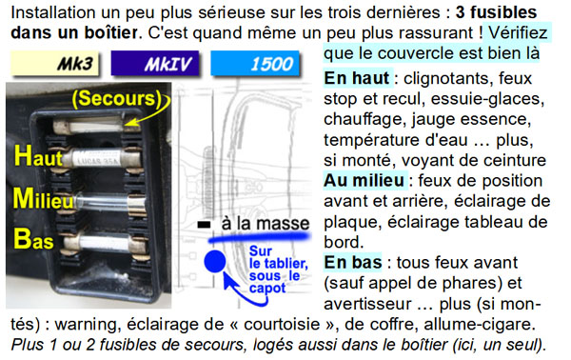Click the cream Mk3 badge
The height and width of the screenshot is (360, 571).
tap(55, 64)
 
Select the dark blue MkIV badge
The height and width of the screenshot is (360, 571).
tap(155, 64)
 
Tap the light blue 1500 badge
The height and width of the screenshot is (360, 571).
tap(255, 64)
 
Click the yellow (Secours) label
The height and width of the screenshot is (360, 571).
tap(117, 98)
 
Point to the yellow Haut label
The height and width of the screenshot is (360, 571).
tap(38, 156)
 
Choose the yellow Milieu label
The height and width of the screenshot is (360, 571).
tap(44, 199)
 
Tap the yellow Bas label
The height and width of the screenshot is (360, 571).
tap(33, 239)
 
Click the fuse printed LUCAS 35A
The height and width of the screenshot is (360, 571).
tap(96, 158)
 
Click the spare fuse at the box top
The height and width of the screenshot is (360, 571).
tap(96, 126)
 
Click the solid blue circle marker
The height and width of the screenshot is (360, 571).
tap(215, 261)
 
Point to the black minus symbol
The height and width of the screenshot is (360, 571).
tap(204, 225)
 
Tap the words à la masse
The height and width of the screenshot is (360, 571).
tap(266, 224)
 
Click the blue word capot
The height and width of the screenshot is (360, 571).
tap(267, 289)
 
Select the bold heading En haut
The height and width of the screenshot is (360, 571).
tap(357, 78)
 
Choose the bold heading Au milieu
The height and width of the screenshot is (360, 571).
tap(364, 180)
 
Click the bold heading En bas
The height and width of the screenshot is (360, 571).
tap(353, 262)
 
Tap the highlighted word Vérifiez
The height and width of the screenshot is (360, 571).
tap(518, 33)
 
